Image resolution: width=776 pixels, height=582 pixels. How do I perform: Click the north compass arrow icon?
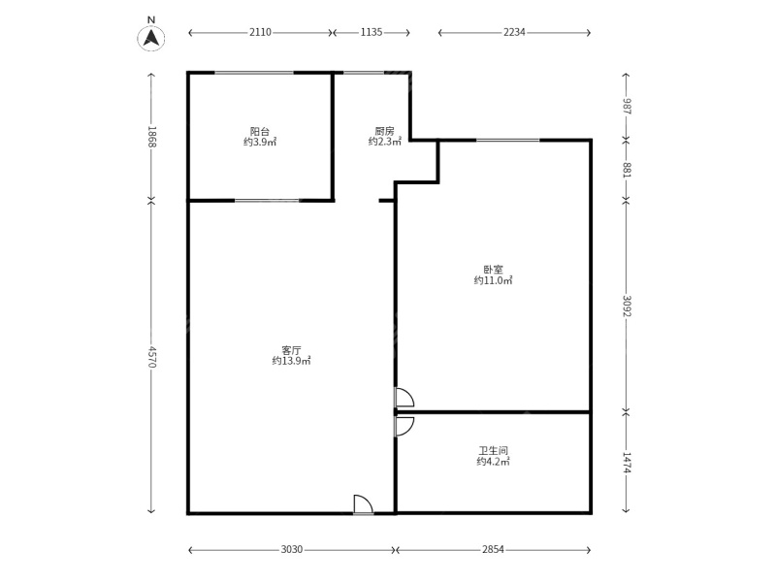point(151,37)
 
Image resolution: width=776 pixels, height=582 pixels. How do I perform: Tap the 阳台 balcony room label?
point(260,131)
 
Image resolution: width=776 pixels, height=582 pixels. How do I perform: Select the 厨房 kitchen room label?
point(384,131)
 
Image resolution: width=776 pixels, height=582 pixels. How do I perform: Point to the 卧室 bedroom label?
point(493,270)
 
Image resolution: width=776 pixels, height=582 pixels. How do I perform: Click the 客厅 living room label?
point(291,349)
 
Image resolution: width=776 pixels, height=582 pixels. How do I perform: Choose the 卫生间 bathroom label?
point(493,451)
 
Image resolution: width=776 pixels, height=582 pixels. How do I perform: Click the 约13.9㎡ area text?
point(291,361)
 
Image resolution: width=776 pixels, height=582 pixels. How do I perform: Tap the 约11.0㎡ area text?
point(493,281)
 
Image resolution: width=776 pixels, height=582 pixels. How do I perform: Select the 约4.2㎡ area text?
point(493,463)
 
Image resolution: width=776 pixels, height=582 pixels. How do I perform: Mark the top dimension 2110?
point(260,32)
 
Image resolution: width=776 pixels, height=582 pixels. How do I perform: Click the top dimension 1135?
point(371,32)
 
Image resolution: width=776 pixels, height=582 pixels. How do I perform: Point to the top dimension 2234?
point(514,32)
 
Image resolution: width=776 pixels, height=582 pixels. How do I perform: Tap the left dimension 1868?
point(151,136)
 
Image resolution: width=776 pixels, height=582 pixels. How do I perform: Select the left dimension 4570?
point(151,357)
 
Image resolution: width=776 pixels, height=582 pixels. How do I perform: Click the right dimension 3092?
point(627,306)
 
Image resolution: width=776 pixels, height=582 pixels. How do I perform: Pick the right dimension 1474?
point(627,463)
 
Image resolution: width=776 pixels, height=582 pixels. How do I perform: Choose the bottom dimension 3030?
point(292,550)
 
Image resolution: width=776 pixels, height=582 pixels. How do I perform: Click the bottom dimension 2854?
point(493,550)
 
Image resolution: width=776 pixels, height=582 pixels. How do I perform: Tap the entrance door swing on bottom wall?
point(363,504)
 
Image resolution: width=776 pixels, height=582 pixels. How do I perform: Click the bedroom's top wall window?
point(507,141)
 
